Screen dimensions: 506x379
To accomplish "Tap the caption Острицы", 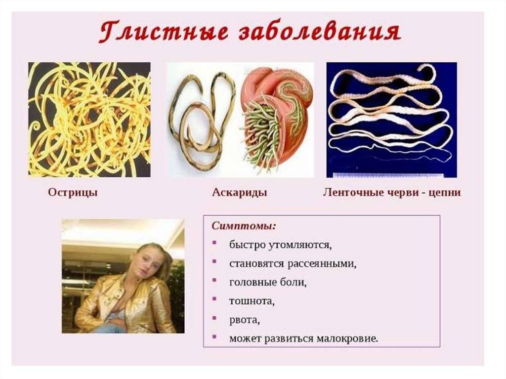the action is tap(73, 193).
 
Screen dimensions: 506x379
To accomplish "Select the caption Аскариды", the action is tap(240, 193).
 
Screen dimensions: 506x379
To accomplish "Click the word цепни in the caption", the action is tap(444, 193).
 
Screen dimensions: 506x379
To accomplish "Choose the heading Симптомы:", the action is tap(244, 226).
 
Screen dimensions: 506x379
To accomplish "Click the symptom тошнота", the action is tap(252, 301).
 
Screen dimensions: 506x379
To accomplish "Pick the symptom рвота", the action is tap(245, 320).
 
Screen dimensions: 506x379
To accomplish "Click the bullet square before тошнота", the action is tap(214, 298).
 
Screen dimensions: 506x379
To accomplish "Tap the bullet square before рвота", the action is tap(214, 318).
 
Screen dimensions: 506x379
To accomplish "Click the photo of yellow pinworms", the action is tap(89, 120).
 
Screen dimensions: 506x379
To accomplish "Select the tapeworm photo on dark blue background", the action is tap(391, 120).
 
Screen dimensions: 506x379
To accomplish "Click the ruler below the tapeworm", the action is tap(387, 175).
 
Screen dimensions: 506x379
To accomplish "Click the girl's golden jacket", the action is tap(126, 303).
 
